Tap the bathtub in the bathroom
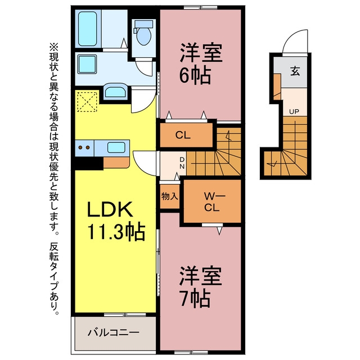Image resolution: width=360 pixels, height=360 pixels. tap(88, 29)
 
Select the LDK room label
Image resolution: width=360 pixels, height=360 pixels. tap(110, 209)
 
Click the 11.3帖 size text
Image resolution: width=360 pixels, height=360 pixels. tap(116, 231)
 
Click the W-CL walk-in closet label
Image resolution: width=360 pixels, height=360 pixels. tap(211, 202)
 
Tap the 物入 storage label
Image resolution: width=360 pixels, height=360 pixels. tap(170, 196)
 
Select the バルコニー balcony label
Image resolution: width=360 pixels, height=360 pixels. tap(114, 332)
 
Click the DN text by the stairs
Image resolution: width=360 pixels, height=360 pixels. tap(182, 163)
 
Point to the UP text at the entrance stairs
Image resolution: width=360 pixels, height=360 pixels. tap(294, 112)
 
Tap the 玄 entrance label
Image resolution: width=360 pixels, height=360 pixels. tap(295, 71)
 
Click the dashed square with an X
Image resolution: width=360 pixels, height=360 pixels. tap(87, 101)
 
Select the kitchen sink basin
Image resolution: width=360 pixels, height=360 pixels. tap(116, 147)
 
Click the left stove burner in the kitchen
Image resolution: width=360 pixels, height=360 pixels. tap(80, 147)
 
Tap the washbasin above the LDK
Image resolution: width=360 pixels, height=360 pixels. tap(115, 91)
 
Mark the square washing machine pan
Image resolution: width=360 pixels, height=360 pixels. tap(87, 64)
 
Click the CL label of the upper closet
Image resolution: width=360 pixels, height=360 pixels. tap(183, 135)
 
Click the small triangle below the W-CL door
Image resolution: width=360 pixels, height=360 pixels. tap(219, 231)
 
